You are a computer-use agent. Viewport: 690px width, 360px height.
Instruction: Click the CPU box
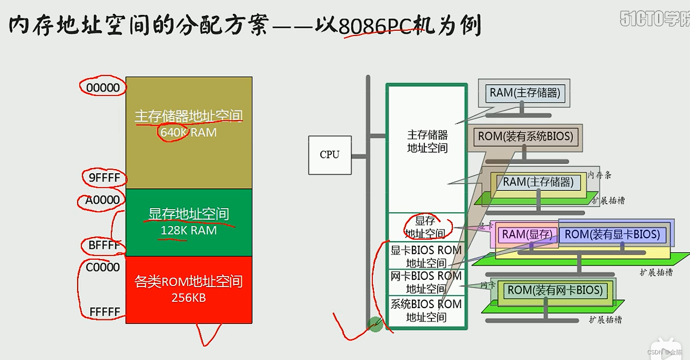pyautogui.click(x=330, y=155)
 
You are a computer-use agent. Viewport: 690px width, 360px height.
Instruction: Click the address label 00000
pyautogui.click(x=103, y=88)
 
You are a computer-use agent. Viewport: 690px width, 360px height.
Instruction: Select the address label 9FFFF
pyautogui.click(x=104, y=178)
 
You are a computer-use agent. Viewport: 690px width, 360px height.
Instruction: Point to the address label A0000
pyautogui.click(x=103, y=200)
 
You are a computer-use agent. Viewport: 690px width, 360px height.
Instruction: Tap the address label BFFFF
pyautogui.click(x=104, y=245)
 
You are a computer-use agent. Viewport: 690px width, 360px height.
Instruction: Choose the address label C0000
pyautogui.click(x=103, y=267)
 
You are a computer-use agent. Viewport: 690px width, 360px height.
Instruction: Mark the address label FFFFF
pyautogui.click(x=104, y=312)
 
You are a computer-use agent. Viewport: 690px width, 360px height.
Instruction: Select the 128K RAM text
pyautogui.click(x=189, y=230)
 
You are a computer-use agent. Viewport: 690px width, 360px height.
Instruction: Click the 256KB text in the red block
pyautogui.click(x=189, y=298)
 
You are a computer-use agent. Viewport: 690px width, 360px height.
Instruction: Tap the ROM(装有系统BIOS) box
pyautogui.click(x=525, y=136)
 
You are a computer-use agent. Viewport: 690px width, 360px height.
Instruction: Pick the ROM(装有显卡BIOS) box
pyautogui.click(x=612, y=235)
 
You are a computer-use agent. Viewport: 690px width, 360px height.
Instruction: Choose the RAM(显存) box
pyautogui.click(x=527, y=235)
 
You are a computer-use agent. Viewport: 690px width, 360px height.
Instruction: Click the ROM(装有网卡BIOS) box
pyautogui.click(x=555, y=291)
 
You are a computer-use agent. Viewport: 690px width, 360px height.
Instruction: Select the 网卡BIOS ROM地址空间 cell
pyautogui.click(x=426, y=282)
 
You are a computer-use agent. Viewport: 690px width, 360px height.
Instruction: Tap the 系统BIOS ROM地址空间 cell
pyautogui.click(x=426, y=311)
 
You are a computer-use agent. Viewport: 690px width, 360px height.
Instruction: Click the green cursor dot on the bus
pyautogui.click(x=375, y=325)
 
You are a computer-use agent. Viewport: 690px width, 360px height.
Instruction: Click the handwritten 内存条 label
pyautogui.click(x=600, y=175)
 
